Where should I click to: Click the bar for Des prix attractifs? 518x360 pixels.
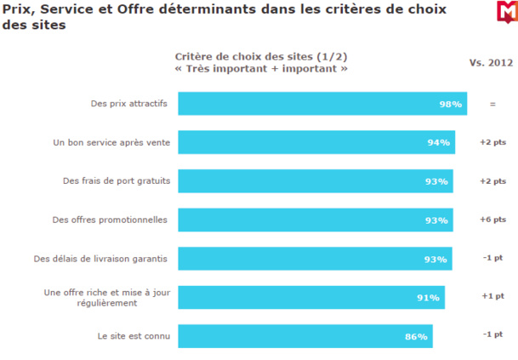(322, 104)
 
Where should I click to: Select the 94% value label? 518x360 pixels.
(439, 143)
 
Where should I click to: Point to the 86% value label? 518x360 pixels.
(416, 337)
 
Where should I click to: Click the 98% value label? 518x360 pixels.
(451, 104)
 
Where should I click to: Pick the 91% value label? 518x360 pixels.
(428, 298)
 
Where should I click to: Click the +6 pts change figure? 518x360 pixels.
(492, 220)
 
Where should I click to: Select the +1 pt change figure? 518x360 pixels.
(493, 296)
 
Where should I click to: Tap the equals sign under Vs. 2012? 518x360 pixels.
(492, 104)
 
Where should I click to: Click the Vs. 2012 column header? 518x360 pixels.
(492, 62)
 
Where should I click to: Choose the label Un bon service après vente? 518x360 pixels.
(111, 142)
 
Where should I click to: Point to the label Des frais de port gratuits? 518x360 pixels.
(117, 180)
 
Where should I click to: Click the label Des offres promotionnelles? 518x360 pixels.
(110, 220)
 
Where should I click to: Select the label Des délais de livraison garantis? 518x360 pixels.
(100, 258)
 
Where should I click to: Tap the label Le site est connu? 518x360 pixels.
(134, 335)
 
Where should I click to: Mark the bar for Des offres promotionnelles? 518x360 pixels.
(315, 220)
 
